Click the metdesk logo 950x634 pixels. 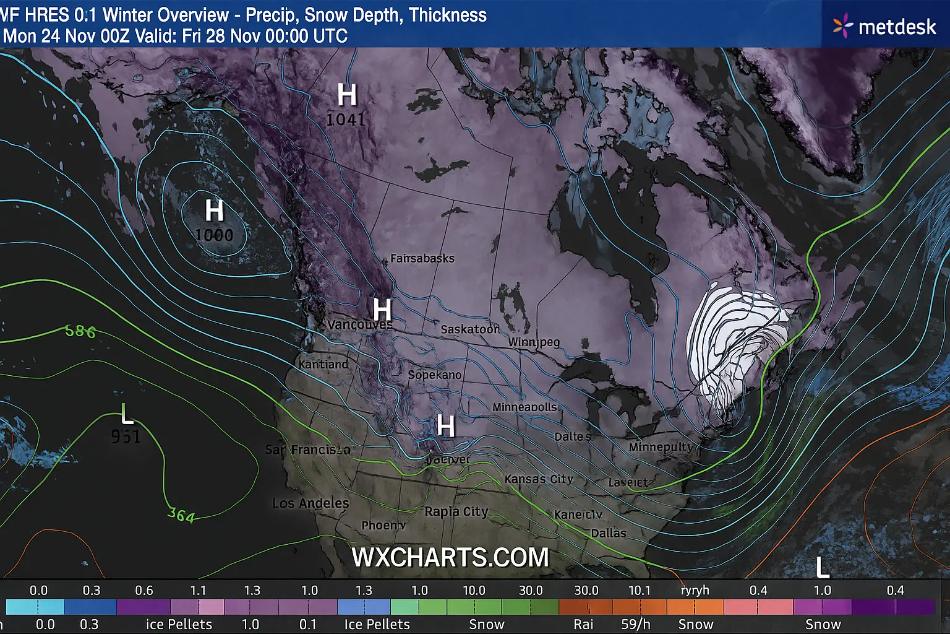pyautogui.click(x=885, y=27)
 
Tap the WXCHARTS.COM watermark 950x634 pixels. pyautogui.click(x=450, y=557)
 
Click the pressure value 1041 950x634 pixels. pyautogui.click(x=346, y=119)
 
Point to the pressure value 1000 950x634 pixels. pyautogui.click(x=214, y=235)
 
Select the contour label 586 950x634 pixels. pyautogui.click(x=80, y=331)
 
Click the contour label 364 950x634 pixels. pyautogui.click(x=181, y=515)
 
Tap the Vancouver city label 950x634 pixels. pyautogui.click(x=360, y=324)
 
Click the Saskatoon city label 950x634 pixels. pyautogui.click(x=470, y=329)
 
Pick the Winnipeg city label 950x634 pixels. pyautogui.click(x=534, y=342)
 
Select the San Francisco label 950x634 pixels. pyautogui.click(x=307, y=449)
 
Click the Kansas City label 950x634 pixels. pyautogui.click(x=539, y=479)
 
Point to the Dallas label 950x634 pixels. pyautogui.click(x=609, y=533)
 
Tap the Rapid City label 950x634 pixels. pyautogui.click(x=456, y=511)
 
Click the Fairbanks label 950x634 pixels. pyautogui.click(x=422, y=258)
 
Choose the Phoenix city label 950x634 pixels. pyautogui.click(x=383, y=525)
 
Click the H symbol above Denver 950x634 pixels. pyautogui.click(x=446, y=426)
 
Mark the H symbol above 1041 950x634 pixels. pyautogui.click(x=347, y=95)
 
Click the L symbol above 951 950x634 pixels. pyautogui.click(x=127, y=413)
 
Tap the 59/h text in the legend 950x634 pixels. pyautogui.click(x=636, y=624)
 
